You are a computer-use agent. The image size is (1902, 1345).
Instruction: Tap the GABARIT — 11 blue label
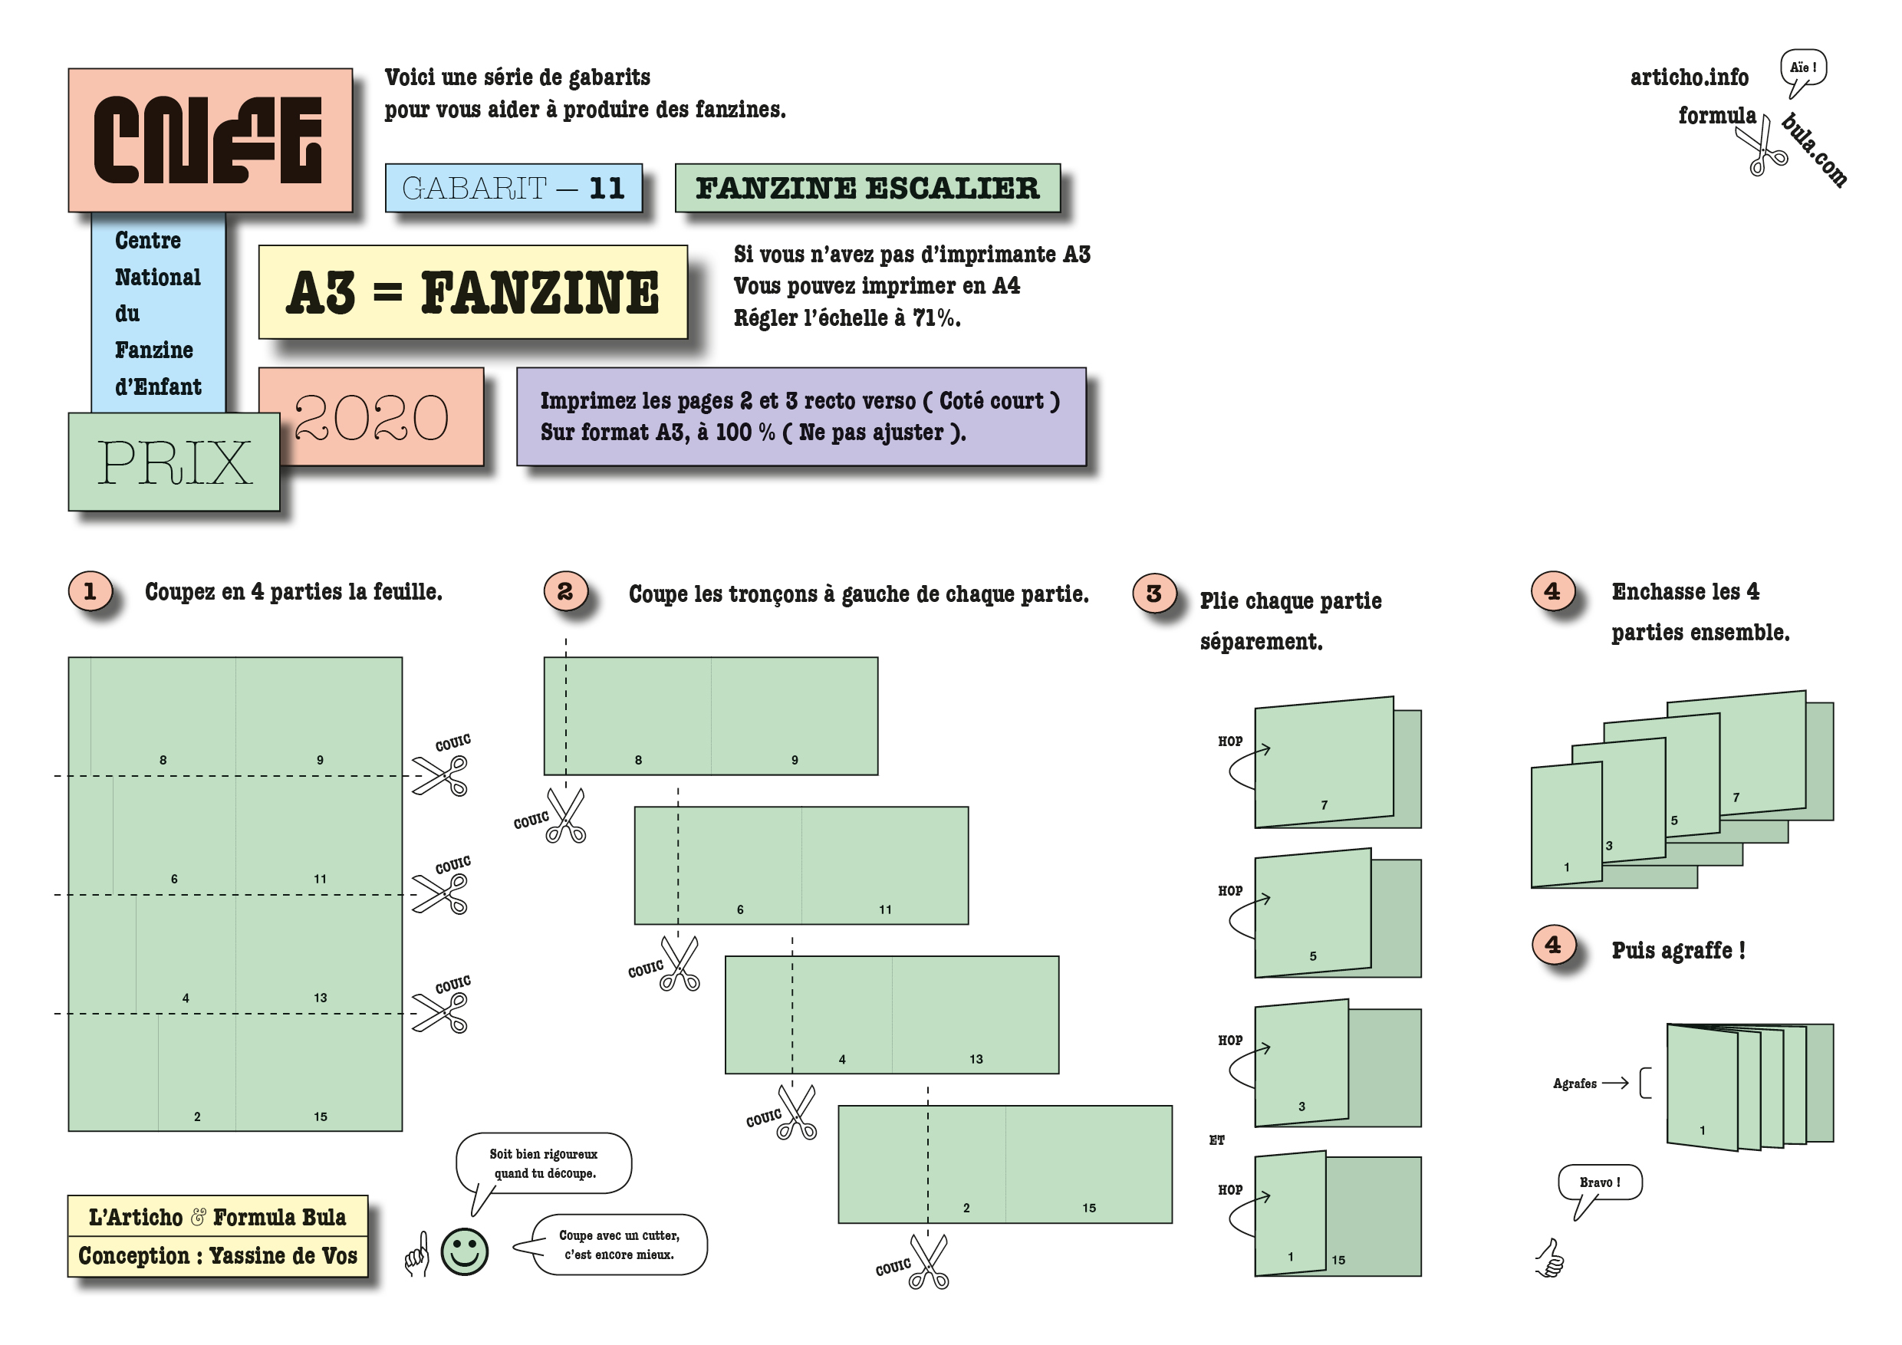click(513, 188)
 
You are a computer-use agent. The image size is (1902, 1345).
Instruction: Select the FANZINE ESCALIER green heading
click(867, 188)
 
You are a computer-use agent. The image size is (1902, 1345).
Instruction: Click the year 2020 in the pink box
click(371, 416)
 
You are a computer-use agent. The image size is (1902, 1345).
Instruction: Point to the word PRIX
click(174, 462)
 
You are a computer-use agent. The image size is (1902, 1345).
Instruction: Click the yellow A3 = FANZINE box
click(472, 292)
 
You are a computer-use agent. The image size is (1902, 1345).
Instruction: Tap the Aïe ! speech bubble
click(1802, 69)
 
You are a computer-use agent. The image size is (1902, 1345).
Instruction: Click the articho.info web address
click(1688, 78)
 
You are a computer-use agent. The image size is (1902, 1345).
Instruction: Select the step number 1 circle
click(90, 591)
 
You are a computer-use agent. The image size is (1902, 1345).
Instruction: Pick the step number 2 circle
click(565, 591)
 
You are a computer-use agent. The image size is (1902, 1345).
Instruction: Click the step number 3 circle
click(1153, 594)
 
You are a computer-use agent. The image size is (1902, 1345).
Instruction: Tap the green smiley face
click(464, 1251)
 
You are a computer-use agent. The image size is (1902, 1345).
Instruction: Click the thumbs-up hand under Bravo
click(1550, 1258)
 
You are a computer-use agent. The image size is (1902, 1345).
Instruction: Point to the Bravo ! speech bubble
click(1599, 1182)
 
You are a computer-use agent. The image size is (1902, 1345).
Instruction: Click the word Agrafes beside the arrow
click(1574, 1084)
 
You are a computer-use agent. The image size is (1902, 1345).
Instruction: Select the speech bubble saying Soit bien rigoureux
click(544, 1162)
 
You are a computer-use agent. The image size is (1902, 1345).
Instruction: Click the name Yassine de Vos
click(282, 1256)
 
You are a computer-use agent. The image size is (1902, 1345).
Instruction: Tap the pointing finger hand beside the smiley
click(417, 1254)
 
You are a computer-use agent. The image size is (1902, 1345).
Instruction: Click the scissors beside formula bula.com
click(1764, 150)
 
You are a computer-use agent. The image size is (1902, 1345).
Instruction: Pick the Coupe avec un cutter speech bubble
click(619, 1245)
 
